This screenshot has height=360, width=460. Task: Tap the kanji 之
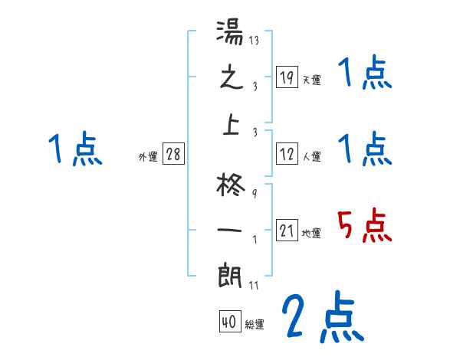click(x=231, y=79)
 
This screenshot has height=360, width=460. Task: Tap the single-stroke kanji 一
click(x=231, y=230)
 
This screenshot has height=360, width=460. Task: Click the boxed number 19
click(x=287, y=77)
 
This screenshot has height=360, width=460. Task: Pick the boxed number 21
click(x=287, y=231)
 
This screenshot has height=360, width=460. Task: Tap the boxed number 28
click(x=173, y=154)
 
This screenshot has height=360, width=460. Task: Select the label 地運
click(x=311, y=234)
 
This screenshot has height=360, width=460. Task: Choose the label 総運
click(x=255, y=325)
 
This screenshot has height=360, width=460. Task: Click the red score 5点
click(x=364, y=224)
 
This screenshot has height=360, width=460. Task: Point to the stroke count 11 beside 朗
click(x=252, y=286)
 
